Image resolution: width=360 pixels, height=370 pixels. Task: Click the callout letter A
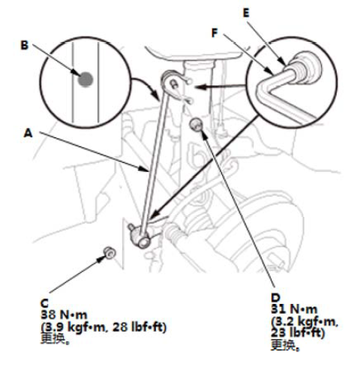pos(28,133)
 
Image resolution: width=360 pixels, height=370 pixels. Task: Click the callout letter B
pos(25,45)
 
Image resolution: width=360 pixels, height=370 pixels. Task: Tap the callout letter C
pos(44,303)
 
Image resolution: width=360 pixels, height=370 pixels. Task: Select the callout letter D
pos(275,298)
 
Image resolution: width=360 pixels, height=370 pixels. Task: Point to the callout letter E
pos(246,13)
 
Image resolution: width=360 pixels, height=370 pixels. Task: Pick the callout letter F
pos(214,33)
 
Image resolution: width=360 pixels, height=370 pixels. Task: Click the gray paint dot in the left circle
pos(85,80)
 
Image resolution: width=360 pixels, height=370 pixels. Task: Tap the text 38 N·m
pos(64,314)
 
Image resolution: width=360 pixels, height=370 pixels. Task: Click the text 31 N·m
pos(294,309)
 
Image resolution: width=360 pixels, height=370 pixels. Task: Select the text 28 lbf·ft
pos(139,326)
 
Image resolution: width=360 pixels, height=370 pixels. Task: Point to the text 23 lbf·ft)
pos(298,333)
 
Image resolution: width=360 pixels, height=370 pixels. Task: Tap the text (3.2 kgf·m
pos(304,321)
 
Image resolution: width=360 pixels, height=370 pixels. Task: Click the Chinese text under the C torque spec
pos(55,338)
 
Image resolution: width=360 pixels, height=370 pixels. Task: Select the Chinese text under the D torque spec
pos(285,345)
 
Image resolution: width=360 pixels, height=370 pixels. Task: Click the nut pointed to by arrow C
pos(109,252)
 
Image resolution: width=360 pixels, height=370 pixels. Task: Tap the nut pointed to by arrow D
pos(196,125)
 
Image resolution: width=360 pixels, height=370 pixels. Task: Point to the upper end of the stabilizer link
pos(172,81)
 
